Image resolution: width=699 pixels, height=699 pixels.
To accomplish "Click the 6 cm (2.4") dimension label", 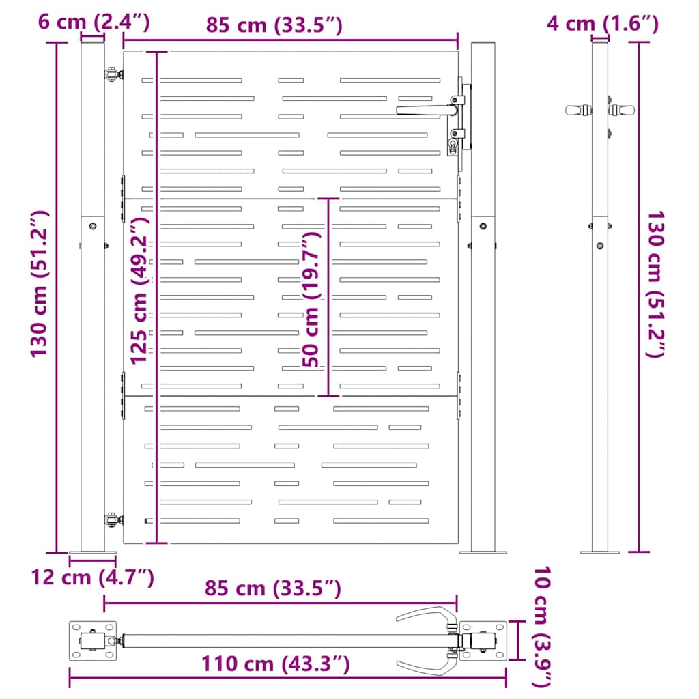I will pos(94,22).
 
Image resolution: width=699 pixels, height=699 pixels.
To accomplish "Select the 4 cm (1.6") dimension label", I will pos(602,24).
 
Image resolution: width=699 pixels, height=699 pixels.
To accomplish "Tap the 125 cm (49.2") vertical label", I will pos(139,291).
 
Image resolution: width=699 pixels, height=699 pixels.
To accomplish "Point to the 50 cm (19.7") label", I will pos(313,299).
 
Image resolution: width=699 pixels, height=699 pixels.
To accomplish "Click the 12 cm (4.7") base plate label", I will pos(92,577).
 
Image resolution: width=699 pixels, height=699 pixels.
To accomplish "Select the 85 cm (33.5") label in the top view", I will pos(273,588).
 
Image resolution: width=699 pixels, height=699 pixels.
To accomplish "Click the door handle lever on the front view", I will pos(423,109).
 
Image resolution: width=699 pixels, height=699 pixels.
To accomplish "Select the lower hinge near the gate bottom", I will pos(111,520).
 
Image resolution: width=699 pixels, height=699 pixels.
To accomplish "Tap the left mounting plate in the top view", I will pos(93,641).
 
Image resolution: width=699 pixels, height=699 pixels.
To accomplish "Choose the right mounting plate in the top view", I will pos(483,642).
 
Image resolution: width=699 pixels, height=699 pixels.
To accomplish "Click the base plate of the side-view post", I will pos(599,551).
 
